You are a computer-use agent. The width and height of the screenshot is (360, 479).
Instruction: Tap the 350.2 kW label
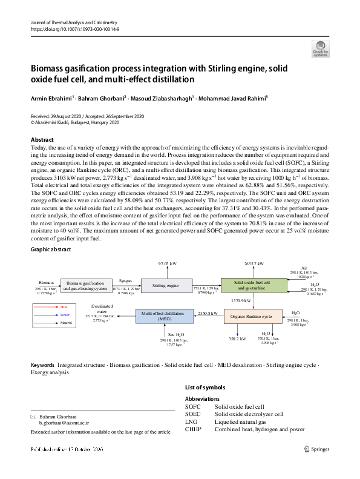[237, 339]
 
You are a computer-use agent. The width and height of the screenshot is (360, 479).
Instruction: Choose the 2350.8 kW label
[207, 313]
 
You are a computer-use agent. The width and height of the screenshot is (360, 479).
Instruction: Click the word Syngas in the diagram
[126, 280]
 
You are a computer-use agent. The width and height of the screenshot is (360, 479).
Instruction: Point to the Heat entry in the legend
[64, 307]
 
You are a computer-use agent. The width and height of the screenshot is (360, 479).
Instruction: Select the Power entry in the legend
[64, 315]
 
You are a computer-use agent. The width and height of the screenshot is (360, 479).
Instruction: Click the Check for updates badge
[320, 49]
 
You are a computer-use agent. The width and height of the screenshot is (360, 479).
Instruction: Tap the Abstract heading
[42, 140]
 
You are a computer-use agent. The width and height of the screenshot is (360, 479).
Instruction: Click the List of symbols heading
[205, 387]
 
